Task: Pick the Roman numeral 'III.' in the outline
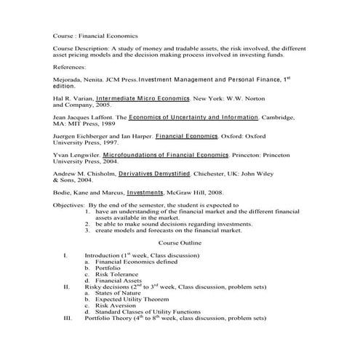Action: pyautogui.click(x=68, y=318)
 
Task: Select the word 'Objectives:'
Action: pyautogui.click(x=69, y=206)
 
